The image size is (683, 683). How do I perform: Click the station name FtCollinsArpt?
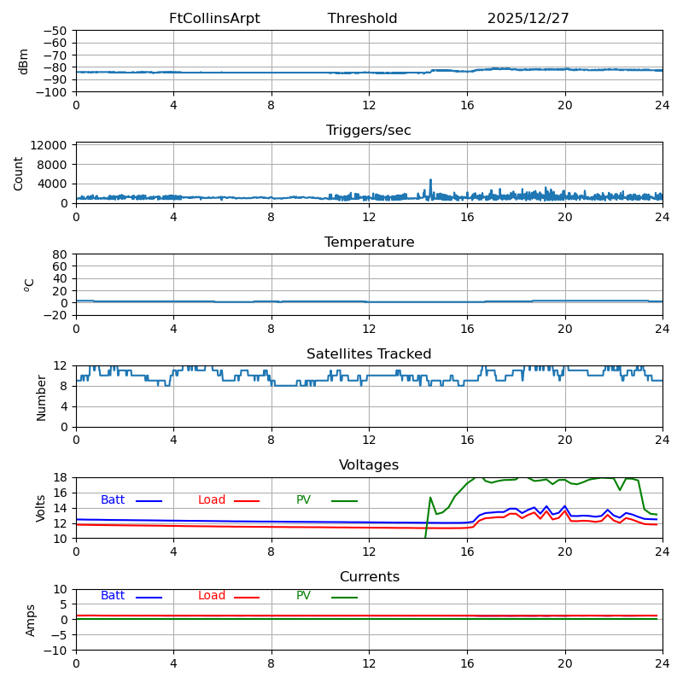[214, 19]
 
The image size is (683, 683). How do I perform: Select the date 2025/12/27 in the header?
[528, 19]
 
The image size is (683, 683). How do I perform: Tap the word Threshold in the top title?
[362, 19]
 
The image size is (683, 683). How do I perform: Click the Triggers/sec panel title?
[368, 131]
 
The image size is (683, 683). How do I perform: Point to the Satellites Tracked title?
[368, 354]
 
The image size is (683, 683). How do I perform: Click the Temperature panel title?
[368, 242]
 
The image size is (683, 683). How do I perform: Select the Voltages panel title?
[368, 465]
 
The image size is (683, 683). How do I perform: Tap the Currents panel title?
[368, 577]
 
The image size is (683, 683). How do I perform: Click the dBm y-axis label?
[24, 61]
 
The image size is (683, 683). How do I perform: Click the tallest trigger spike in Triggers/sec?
[430, 180]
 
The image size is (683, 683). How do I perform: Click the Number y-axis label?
[42, 397]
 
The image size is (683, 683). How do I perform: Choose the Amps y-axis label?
[31, 620]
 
